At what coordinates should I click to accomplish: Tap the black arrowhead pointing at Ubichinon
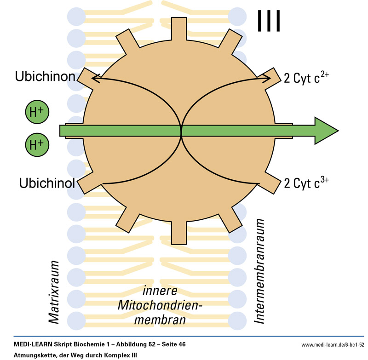(95, 79)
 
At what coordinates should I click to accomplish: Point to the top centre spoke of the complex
(178, 28)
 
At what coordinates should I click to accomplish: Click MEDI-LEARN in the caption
(32, 344)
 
